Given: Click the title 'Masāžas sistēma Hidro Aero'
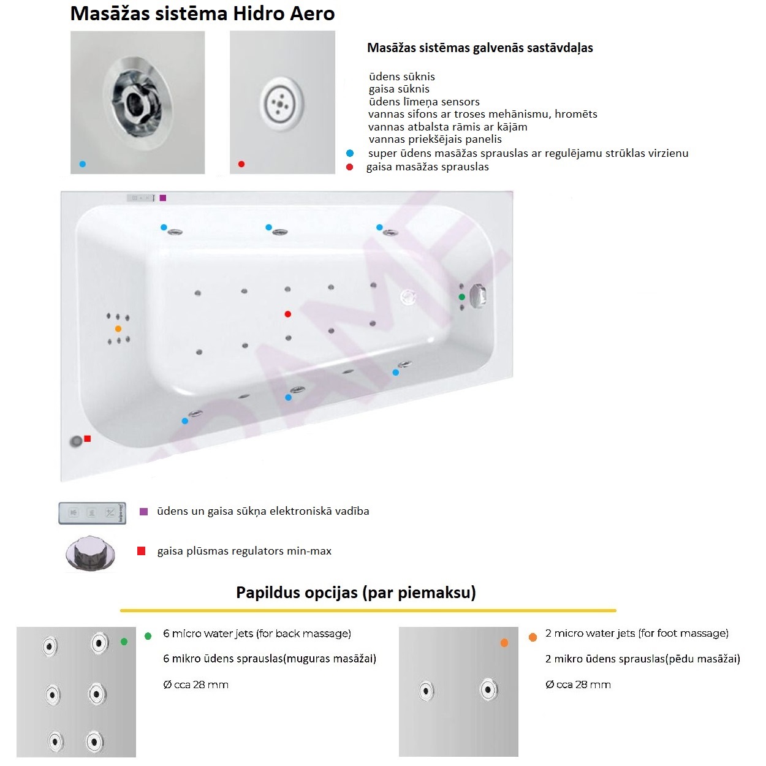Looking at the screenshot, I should pos(202,13).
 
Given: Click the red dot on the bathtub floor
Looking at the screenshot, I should pos(288,314).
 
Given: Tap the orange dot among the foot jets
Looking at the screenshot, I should pos(118,329).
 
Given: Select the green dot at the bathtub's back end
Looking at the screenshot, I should pos(462,297).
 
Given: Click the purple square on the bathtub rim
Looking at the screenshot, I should pos(163,198).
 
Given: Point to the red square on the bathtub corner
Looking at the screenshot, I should pos(88,438).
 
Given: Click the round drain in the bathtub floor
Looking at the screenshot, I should pos(408,297).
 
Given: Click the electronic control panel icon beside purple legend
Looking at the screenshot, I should pos(93,512).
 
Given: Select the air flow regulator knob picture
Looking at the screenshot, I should pos(91,553).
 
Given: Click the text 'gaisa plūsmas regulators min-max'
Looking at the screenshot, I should pos(244,551).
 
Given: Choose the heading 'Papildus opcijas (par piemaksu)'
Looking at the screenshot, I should pos(355,593).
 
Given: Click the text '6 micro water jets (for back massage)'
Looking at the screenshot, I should pos(257,634).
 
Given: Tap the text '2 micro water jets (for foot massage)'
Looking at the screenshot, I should pos(637,634).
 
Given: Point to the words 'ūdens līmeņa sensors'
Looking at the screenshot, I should pos(424,102).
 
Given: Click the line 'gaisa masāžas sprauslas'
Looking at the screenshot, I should pos(427,167).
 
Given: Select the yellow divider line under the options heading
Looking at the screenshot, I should pos(368,610).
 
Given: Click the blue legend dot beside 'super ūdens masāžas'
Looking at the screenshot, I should pos(350,153).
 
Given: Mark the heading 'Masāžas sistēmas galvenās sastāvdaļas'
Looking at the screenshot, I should pos(480,48).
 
